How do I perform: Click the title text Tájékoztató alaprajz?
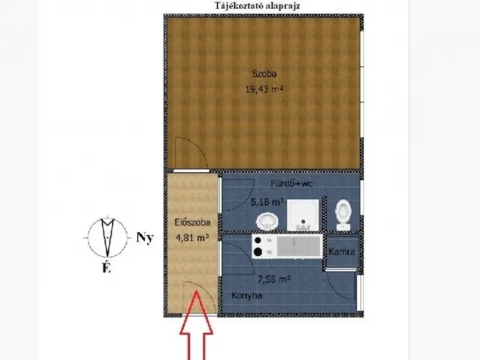point(257,6)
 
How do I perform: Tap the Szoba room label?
point(264,73)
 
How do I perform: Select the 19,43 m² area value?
point(264,89)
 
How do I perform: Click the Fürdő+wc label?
point(292,184)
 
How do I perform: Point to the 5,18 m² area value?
point(267,202)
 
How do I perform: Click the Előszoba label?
point(193,222)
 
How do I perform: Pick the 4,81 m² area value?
point(192,238)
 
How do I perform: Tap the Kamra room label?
point(342,252)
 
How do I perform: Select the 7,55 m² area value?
point(274,280)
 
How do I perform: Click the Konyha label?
point(247,295)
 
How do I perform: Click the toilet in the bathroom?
point(343,215)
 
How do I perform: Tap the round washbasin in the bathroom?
point(267,221)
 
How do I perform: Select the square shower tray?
point(303,215)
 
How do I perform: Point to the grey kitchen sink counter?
point(299,247)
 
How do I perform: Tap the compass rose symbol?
point(107,237)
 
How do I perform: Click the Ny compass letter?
point(145,238)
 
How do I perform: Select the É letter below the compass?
point(106,268)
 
